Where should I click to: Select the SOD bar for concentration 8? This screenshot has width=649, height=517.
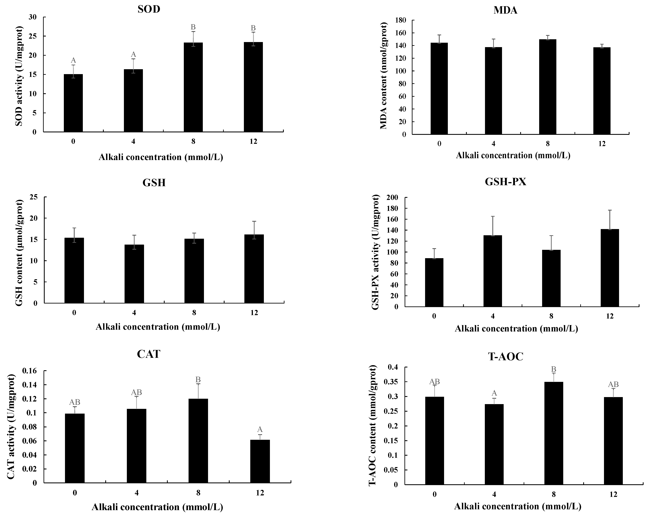[x=193, y=87]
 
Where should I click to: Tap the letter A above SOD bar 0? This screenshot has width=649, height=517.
[x=73, y=61]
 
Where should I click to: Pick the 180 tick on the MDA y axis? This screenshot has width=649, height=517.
[x=400, y=20]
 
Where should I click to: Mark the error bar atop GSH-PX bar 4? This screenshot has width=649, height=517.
[x=493, y=226]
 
